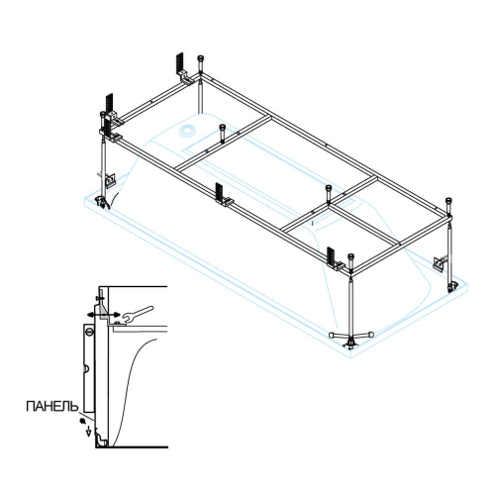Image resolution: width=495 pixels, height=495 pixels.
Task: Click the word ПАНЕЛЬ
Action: click(x=52, y=406)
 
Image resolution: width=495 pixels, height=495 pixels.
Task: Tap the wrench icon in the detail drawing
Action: click(x=138, y=314)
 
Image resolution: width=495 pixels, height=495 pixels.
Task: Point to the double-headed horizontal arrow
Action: click(x=103, y=315)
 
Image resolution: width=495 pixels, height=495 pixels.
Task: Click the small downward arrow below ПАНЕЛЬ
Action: click(x=88, y=431)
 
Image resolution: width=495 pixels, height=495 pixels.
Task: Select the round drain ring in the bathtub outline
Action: click(x=187, y=131)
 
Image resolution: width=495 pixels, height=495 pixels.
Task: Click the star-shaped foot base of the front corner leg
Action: click(x=351, y=339)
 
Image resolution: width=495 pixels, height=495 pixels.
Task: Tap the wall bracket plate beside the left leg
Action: click(x=110, y=180)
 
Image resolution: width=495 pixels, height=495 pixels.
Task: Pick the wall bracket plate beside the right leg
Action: click(x=439, y=263)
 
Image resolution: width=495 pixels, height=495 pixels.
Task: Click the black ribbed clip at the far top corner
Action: click(x=179, y=63)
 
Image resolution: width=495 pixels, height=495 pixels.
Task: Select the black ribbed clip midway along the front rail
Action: click(x=219, y=192)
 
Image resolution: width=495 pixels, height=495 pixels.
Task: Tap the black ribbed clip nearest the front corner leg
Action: click(x=331, y=256)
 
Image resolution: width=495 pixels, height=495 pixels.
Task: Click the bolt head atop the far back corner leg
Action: click(x=200, y=58)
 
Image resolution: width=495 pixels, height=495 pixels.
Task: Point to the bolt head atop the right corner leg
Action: click(x=448, y=200)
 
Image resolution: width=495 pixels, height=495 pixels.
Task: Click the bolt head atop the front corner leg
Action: click(x=351, y=256)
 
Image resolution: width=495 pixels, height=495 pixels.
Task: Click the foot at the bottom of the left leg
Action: click(x=103, y=202)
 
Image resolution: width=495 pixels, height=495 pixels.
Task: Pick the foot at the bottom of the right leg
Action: click(x=451, y=286)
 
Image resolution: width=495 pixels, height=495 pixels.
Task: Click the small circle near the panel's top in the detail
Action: click(x=89, y=331)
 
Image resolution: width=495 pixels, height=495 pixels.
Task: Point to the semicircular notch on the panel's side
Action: click(x=86, y=368)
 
